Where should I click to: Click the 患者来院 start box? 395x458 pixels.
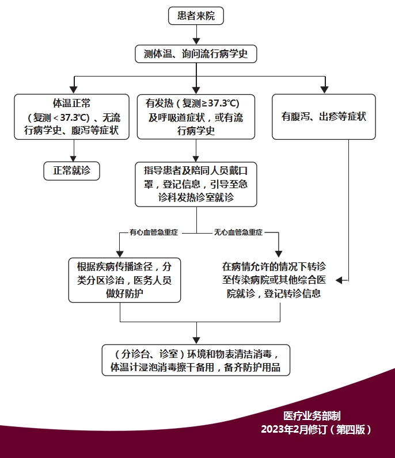click(x=196, y=16)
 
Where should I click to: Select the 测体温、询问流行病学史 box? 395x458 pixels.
click(x=196, y=54)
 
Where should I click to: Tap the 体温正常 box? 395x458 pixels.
click(x=72, y=117)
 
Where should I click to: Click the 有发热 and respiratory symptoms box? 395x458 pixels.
click(x=196, y=117)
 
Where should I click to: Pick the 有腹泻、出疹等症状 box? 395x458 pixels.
click(x=324, y=117)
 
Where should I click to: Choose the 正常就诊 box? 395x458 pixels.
click(x=72, y=170)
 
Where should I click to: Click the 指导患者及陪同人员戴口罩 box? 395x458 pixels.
click(x=196, y=184)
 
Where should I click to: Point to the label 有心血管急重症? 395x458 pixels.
click(x=153, y=232)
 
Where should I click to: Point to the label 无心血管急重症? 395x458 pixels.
click(x=238, y=232)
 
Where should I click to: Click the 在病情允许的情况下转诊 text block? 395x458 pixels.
click(x=274, y=280)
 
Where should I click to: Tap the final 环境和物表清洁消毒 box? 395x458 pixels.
click(x=196, y=360)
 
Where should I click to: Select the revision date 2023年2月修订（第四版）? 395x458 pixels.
click(x=316, y=429)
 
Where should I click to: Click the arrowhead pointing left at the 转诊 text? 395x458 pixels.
click(x=339, y=280)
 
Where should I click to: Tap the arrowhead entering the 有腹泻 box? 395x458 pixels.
click(x=324, y=89)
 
